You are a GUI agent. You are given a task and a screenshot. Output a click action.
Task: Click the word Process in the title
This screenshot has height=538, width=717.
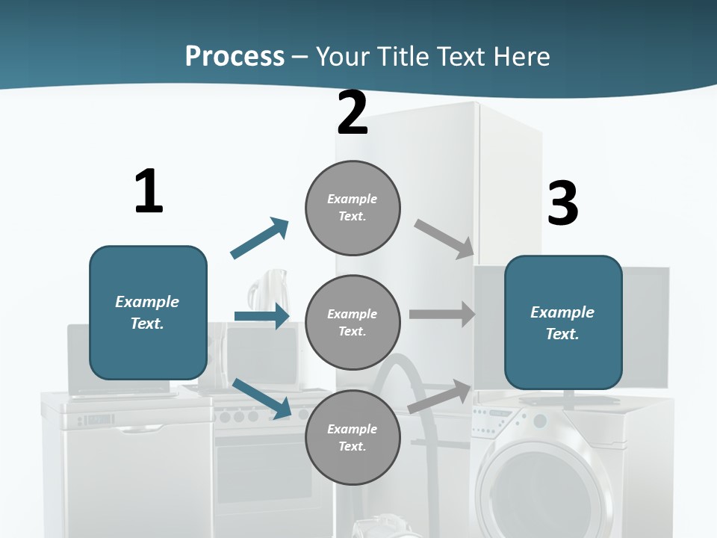[x=235, y=56]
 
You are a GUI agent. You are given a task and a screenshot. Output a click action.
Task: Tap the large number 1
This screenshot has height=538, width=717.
[x=149, y=191]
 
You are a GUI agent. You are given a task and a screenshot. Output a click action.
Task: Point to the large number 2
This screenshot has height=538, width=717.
[x=353, y=114]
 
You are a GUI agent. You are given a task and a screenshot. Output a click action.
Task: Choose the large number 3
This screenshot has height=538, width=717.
[x=562, y=203]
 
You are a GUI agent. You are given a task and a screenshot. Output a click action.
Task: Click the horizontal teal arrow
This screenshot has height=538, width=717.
[x=261, y=316]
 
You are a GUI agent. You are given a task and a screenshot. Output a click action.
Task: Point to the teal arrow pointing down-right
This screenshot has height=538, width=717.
[x=262, y=398]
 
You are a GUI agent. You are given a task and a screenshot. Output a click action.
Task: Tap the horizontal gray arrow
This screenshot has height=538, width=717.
[x=442, y=315]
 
